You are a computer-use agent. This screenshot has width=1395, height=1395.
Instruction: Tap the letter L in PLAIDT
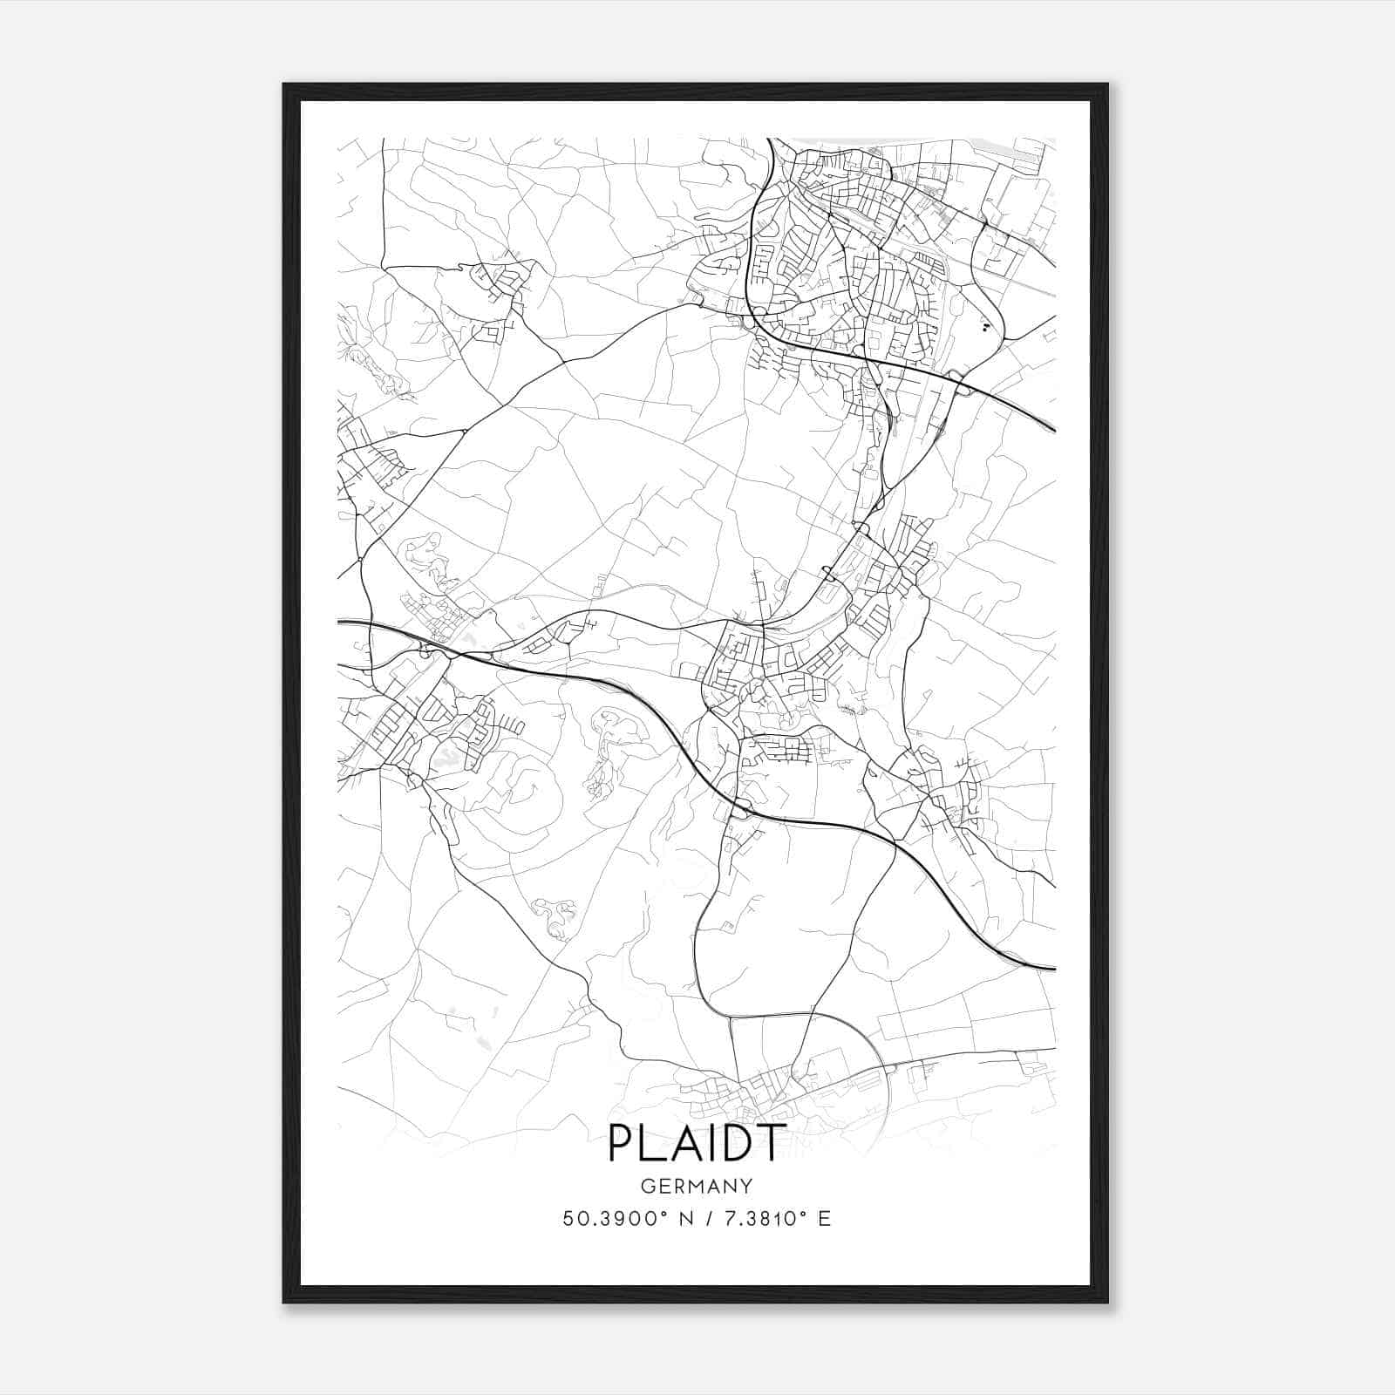(656, 1143)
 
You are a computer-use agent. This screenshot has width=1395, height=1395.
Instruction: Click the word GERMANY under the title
(697, 1186)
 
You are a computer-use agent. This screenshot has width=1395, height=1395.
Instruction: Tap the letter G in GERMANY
(647, 1186)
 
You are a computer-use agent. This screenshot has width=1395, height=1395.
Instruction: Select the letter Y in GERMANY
(746, 1186)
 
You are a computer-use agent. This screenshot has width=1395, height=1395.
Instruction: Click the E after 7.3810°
(824, 1219)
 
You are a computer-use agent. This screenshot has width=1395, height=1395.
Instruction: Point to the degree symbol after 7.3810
(804, 1213)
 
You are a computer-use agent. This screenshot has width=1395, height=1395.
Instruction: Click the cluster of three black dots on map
(985, 328)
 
